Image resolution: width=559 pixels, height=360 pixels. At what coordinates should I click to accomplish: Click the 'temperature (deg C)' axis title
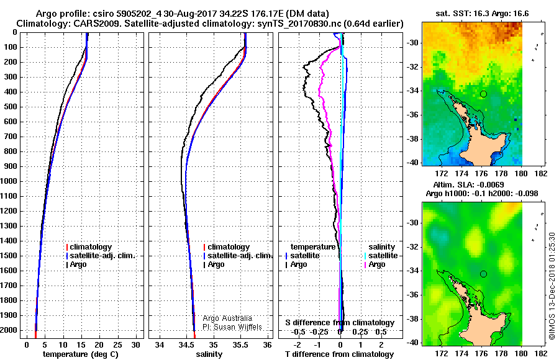(81, 354)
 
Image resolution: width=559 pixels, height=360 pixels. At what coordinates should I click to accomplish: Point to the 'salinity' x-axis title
(209, 354)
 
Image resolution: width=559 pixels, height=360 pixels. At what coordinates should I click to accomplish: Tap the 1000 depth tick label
(9, 181)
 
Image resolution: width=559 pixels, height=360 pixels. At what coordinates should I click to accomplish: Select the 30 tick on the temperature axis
(135, 345)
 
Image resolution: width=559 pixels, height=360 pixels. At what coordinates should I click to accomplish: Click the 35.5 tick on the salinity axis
(240, 345)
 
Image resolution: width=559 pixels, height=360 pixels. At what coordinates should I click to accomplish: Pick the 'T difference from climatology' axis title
(339, 354)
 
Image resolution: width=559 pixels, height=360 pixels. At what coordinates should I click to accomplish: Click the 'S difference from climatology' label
(340, 323)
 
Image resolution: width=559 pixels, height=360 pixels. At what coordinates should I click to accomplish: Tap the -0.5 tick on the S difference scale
(298, 332)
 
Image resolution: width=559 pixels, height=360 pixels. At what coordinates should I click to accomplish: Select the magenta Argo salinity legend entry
(375, 264)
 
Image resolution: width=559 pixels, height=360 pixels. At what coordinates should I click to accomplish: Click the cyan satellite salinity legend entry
(381, 256)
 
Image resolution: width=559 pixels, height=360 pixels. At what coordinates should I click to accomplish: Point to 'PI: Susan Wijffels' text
(232, 327)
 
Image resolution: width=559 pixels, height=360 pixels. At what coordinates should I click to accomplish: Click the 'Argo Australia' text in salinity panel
(227, 318)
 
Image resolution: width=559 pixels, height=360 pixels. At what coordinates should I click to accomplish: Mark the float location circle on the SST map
(483, 94)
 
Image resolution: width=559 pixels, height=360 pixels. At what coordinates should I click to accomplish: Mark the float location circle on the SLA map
(483, 274)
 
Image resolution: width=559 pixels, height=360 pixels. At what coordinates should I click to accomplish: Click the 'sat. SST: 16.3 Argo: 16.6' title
(482, 14)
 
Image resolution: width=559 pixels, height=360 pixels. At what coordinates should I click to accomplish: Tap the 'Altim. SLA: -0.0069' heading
(468, 184)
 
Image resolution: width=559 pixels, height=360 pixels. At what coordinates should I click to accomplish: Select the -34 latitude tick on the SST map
(412, 91)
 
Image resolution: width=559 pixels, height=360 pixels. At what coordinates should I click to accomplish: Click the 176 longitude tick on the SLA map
(481, 353)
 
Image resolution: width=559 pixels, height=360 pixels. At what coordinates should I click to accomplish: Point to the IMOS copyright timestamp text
(552, 286)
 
